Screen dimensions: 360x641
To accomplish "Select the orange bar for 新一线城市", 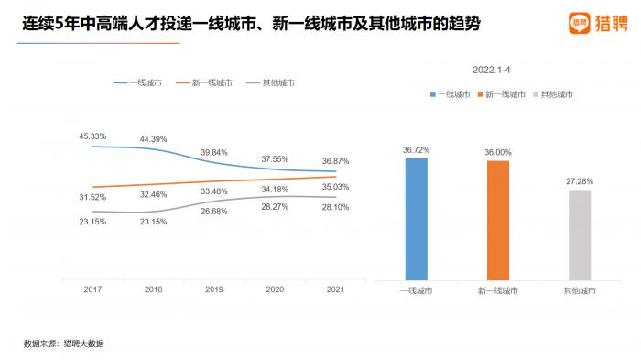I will (x=497, y=220).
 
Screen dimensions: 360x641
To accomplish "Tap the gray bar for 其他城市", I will (x=580, y=234).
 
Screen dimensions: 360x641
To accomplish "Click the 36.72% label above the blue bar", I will (x=416, y=149).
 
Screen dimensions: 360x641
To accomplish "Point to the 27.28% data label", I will (x=580, y=181).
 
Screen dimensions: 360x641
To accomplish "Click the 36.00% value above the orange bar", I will (x=497, y=152).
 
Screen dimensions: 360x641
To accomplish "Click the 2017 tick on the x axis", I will (x=92, y=289).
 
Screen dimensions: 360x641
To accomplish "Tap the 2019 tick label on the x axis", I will (x=214, y=289).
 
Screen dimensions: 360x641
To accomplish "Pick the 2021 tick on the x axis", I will (x=336, y=289).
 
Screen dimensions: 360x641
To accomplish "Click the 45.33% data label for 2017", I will (x=92, y=136).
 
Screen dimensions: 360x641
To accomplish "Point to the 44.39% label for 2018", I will (x=153, y=139).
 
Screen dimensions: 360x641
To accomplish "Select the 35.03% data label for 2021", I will (x=336, y=187).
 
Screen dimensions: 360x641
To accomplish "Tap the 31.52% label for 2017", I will (x=92, y=197).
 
